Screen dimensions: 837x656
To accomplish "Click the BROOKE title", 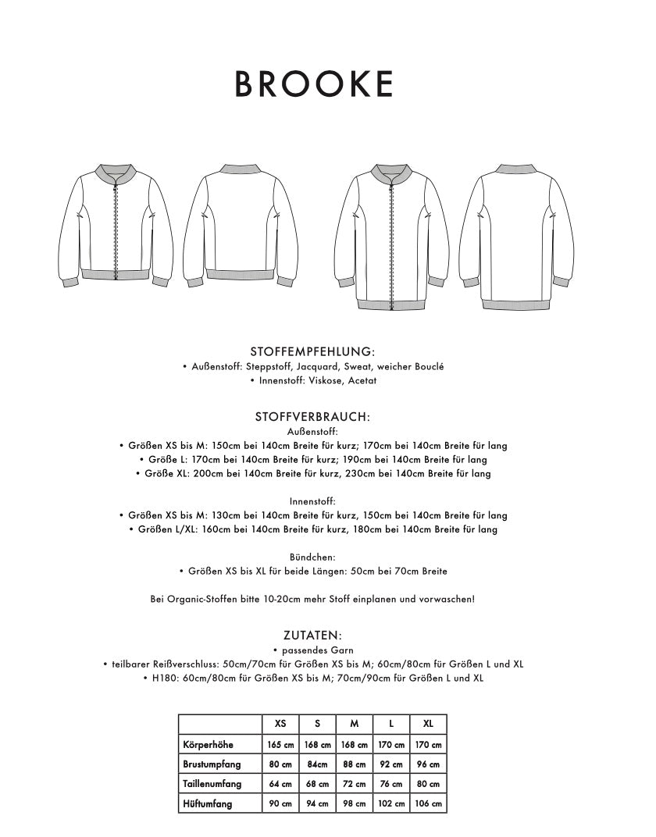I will (315, 84).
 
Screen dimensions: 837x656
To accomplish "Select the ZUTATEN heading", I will (312, 636).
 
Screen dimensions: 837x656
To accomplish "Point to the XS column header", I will (280, 724).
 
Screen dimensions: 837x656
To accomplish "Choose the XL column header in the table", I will (428, 724).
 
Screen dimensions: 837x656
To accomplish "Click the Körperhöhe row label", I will (207, 745).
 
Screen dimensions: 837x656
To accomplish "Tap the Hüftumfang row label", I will (206, 804).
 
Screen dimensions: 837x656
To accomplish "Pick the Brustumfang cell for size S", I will (317, 764).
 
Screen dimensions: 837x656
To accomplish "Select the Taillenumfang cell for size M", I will (355, 784).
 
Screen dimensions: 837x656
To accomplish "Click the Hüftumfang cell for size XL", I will (428, 804).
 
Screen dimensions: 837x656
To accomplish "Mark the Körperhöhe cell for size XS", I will (280, 745).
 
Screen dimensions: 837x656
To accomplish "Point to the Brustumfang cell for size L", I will (391, 764).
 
